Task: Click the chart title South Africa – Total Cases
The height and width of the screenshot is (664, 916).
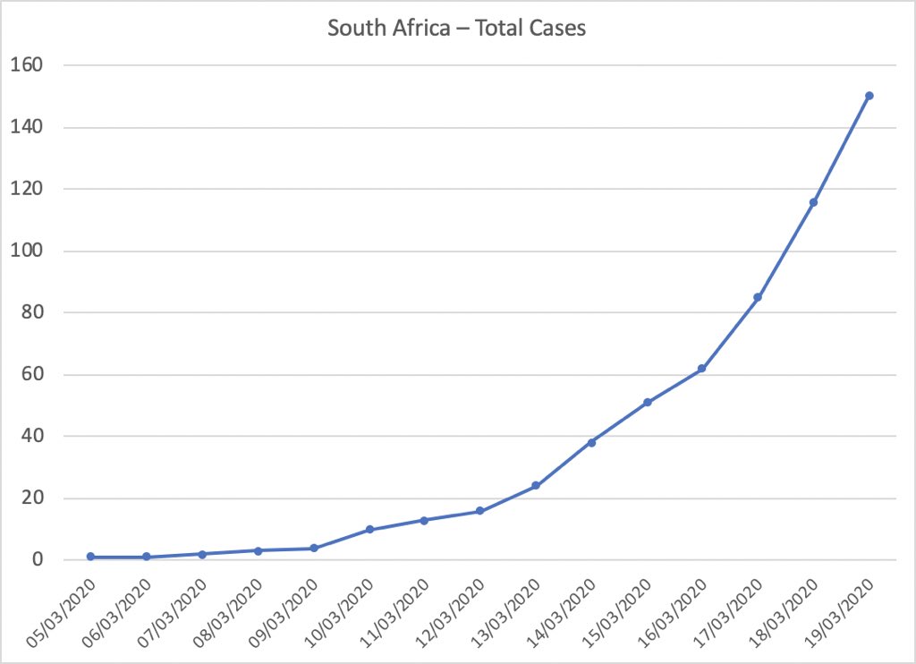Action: pos(456,29)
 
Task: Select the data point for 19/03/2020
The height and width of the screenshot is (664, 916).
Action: pos(869,96)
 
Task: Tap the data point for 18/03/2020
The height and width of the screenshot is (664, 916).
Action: pos(813,202)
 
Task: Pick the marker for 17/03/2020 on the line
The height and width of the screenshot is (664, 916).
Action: pos(758,297)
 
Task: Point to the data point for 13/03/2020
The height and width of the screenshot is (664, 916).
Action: pos(536,486)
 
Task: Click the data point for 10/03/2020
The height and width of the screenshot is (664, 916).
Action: pos(369,530)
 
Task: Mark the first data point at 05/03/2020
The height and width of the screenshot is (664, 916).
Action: pos(90,557)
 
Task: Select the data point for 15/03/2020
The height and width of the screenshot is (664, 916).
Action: pos(647,403)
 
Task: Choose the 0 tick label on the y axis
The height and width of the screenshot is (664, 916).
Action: pos(36,560)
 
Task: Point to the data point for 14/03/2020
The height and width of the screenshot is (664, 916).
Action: pos(591,442)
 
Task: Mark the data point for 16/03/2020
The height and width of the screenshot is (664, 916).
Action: pos(702,369)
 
